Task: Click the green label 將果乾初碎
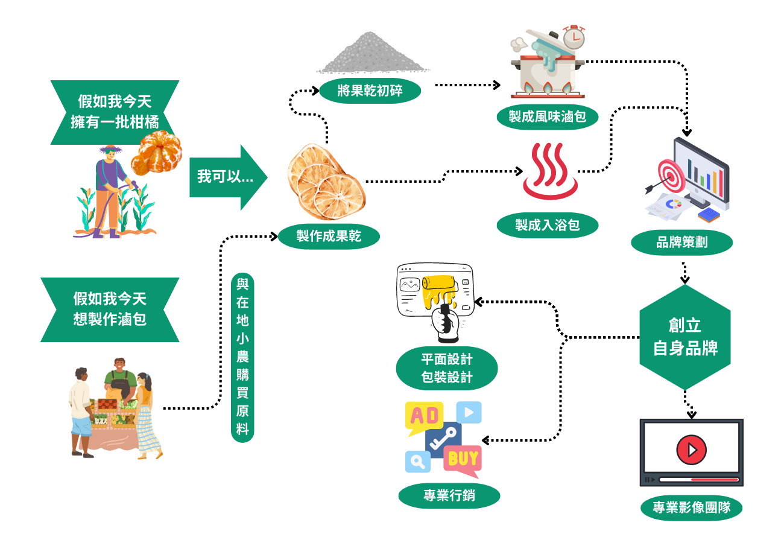(x=370, y=91)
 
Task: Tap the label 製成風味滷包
(x=548, y=116)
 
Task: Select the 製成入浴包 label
(x=548, y=225)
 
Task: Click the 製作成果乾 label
(x=329, y=237)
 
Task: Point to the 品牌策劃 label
(x=682, y=243)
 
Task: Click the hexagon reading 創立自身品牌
(x=685, y=337)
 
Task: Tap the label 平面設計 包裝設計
(x=447, y=368)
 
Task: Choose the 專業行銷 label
(x=449, y=496)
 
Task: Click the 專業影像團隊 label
(x=691, y=507)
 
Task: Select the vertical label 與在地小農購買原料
(x=242, y=357)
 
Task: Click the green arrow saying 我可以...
(x=228, y=177)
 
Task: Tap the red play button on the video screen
(x=691, y=449)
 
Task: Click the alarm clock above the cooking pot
(x=574, y=37)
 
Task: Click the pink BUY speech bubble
(x=463, y=461)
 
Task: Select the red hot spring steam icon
(x=550, y=171)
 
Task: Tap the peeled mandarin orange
(x=156, y=153)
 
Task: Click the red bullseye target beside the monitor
(x=671, y=176)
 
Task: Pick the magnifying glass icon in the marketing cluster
(x=417, y=462)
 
